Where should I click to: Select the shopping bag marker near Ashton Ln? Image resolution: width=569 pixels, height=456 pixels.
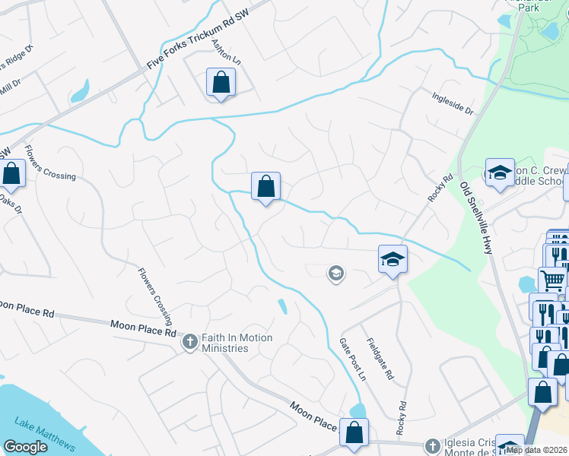[x=221, y=82]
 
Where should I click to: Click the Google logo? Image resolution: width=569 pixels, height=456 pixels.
[x=24, y=447]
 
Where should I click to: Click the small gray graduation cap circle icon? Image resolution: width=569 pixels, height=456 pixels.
[x=335, y=273]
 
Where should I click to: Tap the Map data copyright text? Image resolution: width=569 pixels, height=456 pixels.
[x=536, y=450]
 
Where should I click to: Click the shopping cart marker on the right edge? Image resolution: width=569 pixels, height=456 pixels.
[x=552, y=280]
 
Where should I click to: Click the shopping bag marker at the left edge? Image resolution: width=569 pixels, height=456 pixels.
[x=12, y=173]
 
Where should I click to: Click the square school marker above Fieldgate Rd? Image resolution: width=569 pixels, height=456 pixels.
[x=393, y=259]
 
